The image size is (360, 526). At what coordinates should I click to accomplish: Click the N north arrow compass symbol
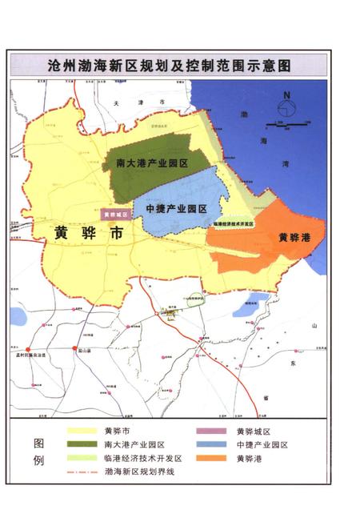[x=286, y=104]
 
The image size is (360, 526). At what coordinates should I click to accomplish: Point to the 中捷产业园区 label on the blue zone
[x=177, y=208]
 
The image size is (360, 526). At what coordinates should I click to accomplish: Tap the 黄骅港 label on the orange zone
[x=294, y=238]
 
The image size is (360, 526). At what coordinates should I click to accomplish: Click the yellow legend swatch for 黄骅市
[x=82, y=431]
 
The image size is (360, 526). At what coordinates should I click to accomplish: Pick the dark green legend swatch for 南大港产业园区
[x=82, y=444]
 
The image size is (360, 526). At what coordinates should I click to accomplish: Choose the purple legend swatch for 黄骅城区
[x=214, y=431]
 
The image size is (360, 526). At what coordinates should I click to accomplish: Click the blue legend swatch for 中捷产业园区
[x=214, y=444]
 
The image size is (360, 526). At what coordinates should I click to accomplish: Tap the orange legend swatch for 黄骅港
[x=214, y=459]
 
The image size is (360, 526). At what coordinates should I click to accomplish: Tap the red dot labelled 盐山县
[x=78, y=350]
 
